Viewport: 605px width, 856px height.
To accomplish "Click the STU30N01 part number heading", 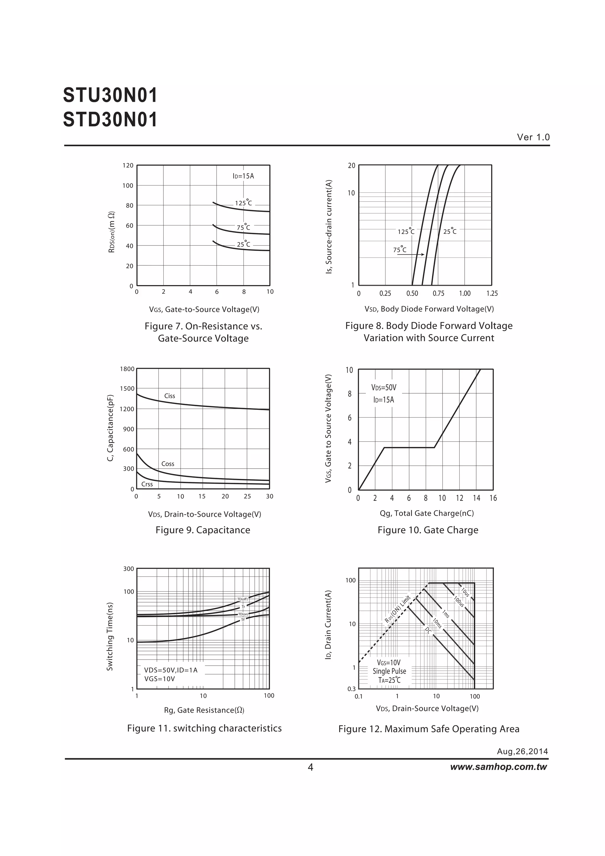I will (x=110, y=95).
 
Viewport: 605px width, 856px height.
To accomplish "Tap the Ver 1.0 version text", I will (x=533, y=137).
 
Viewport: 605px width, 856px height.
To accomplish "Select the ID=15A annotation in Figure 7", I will (x=243, y=176).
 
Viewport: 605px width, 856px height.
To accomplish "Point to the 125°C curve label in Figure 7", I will (x=243, y=203).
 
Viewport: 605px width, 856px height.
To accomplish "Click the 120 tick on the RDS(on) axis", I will (x=128, y=165).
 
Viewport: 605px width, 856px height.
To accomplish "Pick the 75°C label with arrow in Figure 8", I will (x=400, y=250).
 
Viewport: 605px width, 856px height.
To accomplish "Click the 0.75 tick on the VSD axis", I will (x=438, y=293).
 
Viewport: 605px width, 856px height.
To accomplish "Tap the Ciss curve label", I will (x=170, y=396).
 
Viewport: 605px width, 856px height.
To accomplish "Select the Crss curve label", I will (x=147, y=484).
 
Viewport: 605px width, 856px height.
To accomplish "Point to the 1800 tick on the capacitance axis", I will (x=127, y=369).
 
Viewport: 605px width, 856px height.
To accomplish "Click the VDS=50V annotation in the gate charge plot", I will (x=383, y=387).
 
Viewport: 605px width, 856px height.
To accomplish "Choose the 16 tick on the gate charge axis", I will (x=493, y=498).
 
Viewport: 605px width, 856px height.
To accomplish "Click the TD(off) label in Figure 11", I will (x=242, y=599).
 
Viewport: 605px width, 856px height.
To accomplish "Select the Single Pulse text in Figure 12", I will (x=389, y=671).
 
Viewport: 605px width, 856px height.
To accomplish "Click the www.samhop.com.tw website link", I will (x=498, y=767).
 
